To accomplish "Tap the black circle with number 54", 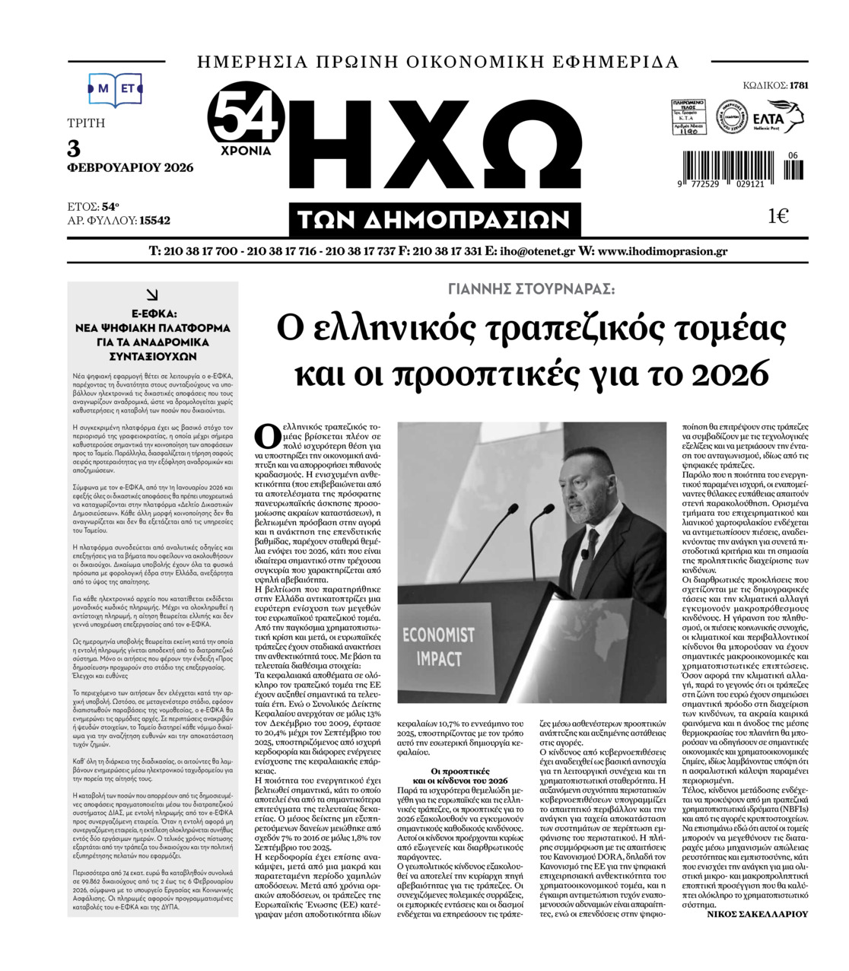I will tap(248, 116).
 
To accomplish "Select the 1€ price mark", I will tap(777, 216).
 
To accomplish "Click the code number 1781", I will tap(799, 85).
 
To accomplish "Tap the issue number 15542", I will tap(155, 221).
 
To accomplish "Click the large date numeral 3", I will tap(74, 148).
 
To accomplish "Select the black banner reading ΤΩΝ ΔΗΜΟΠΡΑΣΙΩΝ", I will tap(434, 220).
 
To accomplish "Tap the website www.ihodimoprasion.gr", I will tap(663, 251).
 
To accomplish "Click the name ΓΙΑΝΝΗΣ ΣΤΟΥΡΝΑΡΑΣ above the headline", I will tap(531, 289).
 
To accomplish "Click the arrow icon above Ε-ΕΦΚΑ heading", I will tap(152, 294).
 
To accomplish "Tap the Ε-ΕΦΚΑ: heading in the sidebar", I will tap(153, 313).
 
